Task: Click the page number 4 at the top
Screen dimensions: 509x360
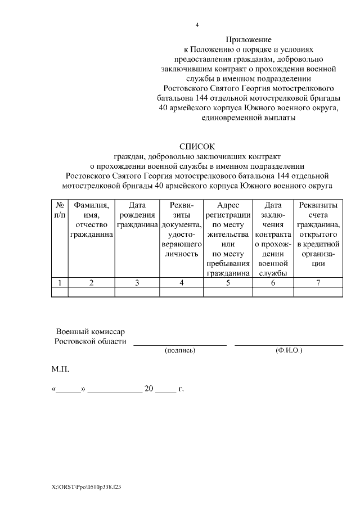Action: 197,25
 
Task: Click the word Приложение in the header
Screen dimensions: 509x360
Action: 249,39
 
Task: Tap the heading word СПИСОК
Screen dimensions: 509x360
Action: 197,146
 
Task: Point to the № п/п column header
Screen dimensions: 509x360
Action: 60,210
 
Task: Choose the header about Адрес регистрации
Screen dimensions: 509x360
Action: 228,238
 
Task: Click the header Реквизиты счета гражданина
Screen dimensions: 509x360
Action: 318,233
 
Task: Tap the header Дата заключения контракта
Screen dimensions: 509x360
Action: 273,238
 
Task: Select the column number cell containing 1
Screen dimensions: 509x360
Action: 60,282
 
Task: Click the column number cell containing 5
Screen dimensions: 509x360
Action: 228,282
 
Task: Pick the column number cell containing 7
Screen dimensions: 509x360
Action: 318,282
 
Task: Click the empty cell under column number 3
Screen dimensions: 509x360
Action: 138,292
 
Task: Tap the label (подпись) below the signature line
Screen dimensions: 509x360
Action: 179,350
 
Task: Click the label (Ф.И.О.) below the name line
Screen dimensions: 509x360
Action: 289,350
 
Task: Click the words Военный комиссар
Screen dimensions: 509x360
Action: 90,332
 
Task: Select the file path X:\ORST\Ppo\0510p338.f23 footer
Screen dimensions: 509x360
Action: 86,487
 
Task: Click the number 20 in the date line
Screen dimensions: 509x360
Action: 149,389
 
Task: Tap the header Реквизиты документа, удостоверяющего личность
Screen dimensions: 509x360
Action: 182,229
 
